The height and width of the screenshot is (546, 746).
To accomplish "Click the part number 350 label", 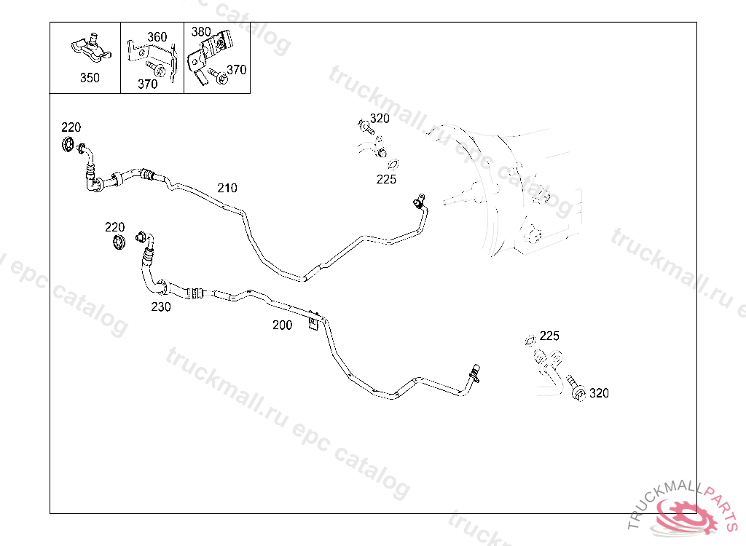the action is point(90,78).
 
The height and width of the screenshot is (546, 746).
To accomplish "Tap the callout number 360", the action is point(157,37).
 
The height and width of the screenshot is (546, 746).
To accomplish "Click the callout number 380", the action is point(201,32).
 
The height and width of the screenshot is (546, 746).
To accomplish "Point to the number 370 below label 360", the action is point(147,84).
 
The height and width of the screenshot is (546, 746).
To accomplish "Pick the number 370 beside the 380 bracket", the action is point(237,70).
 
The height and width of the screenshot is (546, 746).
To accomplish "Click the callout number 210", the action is point(227,188).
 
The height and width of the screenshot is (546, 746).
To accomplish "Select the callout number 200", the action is point(282,325).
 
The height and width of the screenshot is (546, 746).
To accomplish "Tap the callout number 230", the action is point(161,307).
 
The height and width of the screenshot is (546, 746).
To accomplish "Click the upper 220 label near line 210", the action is point(71,127).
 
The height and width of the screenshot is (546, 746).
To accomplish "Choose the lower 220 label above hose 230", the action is point(114,227).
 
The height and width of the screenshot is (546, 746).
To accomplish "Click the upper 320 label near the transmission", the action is point(380,119).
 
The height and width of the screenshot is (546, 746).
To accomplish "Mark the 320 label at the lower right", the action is point(599,393).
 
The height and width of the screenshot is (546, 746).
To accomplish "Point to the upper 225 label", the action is point(386,179).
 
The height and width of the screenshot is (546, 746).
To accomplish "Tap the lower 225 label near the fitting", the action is point(549,336).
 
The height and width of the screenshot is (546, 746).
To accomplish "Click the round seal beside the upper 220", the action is point(69,144).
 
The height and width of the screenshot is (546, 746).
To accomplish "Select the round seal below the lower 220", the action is point(117,243).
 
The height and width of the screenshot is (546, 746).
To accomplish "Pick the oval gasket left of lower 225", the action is point(530,340).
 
